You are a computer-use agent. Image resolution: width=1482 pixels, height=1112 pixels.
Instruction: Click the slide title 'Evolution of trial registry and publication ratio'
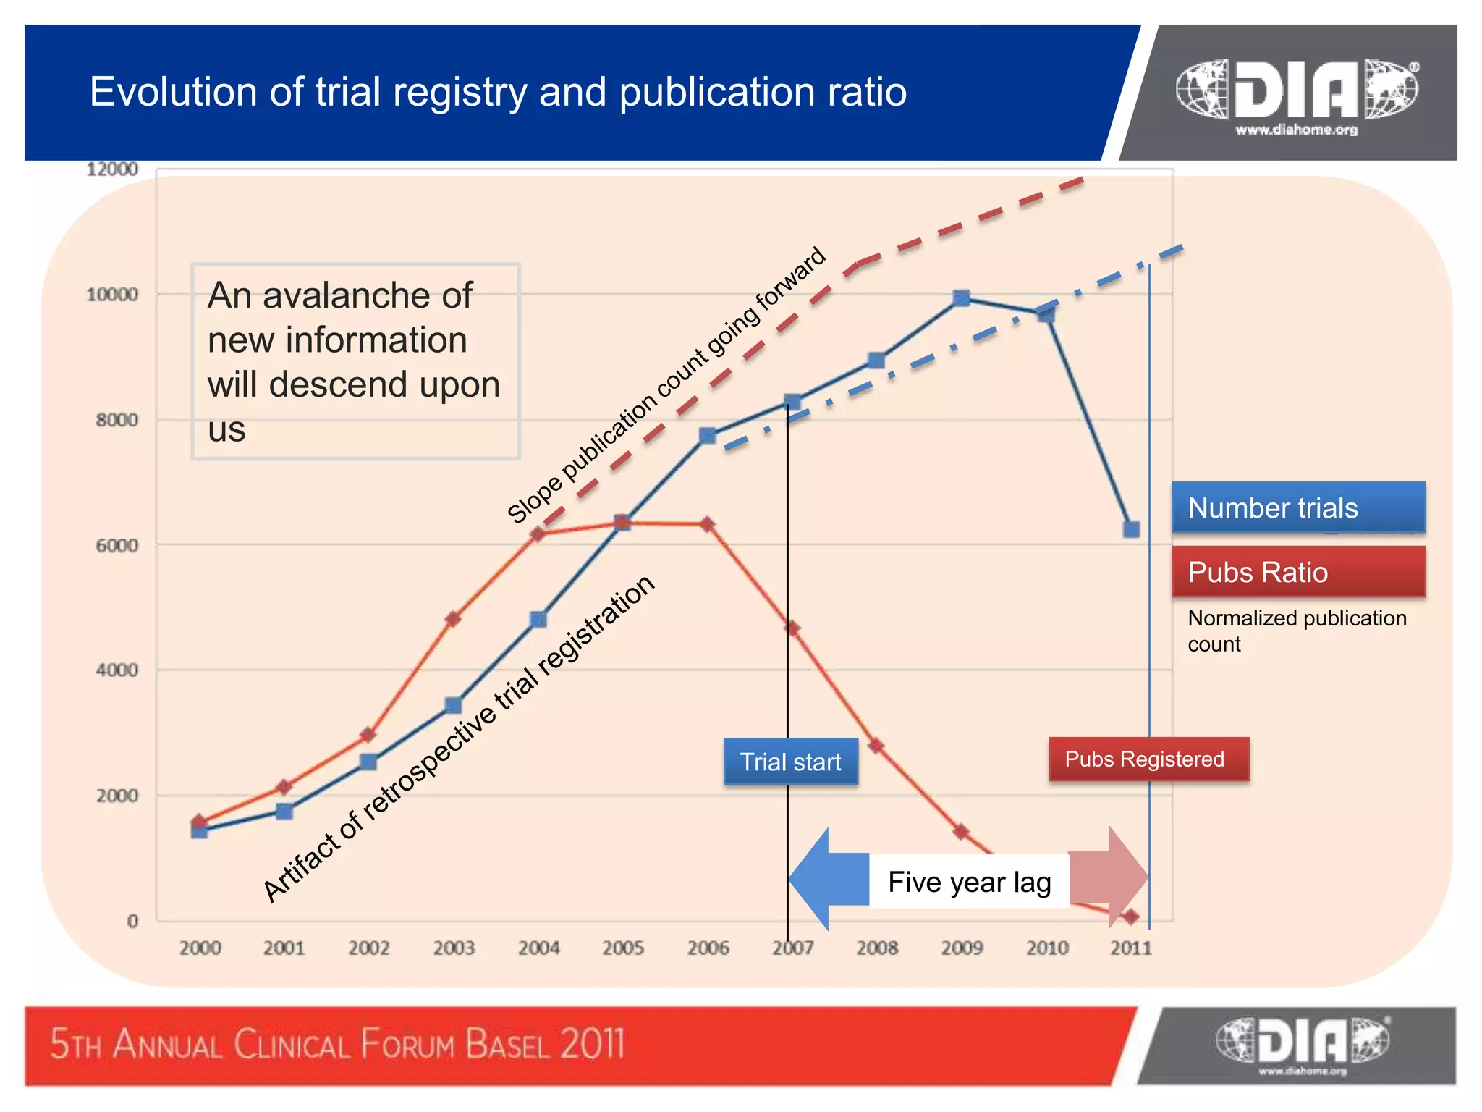tap(498, 92)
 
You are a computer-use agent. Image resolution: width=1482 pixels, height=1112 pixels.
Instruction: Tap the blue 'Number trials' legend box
tap(1298, 507)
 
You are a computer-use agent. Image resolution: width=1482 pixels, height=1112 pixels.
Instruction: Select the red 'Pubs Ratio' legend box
tap(1298, 572)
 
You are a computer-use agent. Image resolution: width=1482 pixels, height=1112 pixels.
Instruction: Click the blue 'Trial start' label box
tap(790, 762)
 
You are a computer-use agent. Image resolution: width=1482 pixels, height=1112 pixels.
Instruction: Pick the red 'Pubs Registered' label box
tap(1148, 759)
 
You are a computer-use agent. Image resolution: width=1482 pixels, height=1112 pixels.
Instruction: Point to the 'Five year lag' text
tap(969, 882)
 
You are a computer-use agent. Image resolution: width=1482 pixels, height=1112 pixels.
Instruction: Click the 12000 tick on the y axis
tap(112, 169)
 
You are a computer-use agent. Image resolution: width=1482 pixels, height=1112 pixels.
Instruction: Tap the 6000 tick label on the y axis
tap(117, 546)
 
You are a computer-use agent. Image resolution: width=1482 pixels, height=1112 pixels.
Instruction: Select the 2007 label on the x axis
tap(793, 948)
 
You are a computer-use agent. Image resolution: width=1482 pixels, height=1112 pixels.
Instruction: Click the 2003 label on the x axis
tap(454, 948)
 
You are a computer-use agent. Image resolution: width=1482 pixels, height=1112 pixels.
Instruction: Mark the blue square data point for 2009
tap(962, 298)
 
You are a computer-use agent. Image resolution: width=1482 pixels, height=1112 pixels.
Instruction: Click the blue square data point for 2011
tap(1132, 529)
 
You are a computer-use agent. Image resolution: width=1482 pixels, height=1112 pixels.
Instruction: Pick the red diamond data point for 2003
tap(453, 619)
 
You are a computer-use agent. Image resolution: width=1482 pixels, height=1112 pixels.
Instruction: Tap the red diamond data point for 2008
tap(876, 745)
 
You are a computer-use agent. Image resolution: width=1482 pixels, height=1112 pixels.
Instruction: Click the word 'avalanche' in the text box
tap(368, 295)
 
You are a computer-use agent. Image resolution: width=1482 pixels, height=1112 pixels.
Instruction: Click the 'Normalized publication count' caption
tap(1297, 631)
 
